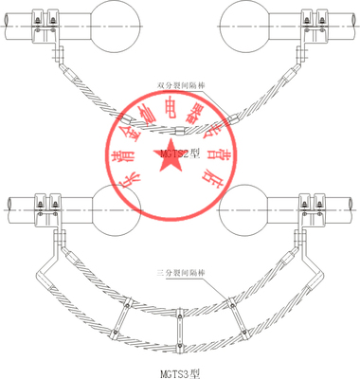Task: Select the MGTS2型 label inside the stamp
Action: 180,151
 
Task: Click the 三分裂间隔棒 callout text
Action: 180,275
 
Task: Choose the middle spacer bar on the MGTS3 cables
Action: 179,327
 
